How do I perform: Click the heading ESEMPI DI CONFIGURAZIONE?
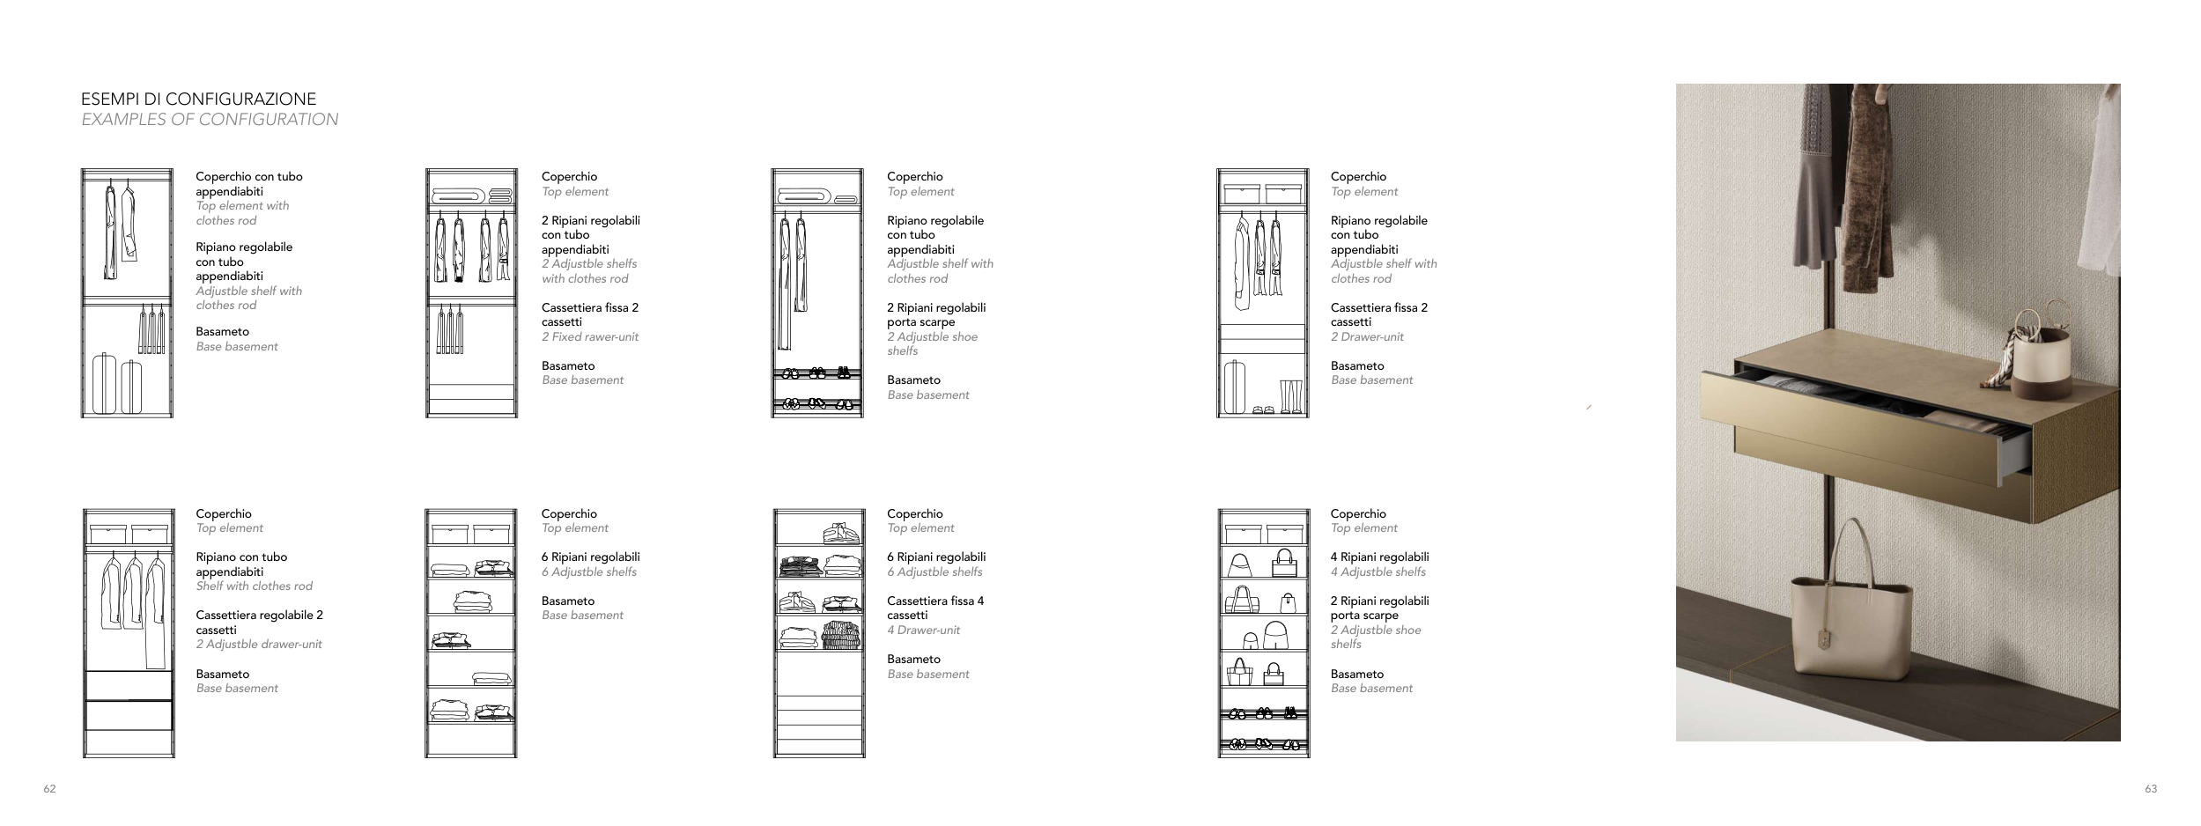(198, 99)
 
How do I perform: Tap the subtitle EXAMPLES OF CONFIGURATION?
(210, 120)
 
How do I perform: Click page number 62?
(49, 789)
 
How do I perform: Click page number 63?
(2151, 789)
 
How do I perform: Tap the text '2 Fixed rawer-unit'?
(589, 337)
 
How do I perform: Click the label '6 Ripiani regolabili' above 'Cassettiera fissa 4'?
(935, 557)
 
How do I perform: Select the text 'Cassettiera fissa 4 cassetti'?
(934, 608)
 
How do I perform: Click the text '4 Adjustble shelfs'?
(1377, 572)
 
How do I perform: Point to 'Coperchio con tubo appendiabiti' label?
(248, 184)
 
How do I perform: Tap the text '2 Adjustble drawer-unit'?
(258, 645)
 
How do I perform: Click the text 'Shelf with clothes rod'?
(254, 586)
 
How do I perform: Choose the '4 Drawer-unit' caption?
(923, 631)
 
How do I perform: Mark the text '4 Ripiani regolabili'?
(1379, 557)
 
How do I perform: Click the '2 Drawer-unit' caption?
(1367, 337)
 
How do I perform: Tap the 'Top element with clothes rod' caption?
(241, 213)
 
